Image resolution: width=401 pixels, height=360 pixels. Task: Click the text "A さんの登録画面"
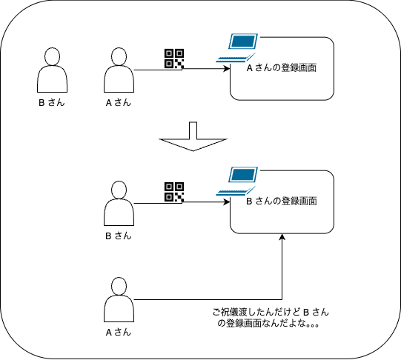tap(282, 68)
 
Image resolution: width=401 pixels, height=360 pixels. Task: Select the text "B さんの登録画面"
tap(282, 201)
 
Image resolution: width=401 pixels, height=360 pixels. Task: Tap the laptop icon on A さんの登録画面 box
tap(236, 48)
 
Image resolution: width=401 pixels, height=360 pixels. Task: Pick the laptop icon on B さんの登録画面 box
tap(236, 181)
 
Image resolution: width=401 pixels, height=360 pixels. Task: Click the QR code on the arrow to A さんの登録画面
tap(174, 59)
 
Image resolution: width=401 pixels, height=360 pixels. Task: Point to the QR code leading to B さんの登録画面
tap(174, 192)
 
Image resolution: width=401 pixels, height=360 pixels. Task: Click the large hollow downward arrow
tap(193, 136)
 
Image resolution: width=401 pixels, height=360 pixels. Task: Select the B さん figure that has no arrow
tap(52, 70)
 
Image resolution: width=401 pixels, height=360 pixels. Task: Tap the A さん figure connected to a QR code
tap(119, 70)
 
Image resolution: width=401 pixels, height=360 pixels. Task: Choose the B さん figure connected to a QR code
tap(119, 204)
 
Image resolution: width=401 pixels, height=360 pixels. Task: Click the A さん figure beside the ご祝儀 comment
tap(119, 300)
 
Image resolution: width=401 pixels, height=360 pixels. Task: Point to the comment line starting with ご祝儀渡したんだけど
tap(271, 312)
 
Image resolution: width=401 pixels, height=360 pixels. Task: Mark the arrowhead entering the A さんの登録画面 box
tap(227, 68)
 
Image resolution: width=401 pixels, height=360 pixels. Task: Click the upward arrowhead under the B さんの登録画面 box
tap(282, 237)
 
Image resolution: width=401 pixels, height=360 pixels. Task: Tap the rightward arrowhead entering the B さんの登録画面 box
tap(227, 201)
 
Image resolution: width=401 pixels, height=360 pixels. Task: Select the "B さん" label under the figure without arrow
tap(52, 103)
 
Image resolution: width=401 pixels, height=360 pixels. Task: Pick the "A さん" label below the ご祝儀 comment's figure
tap(119, 333)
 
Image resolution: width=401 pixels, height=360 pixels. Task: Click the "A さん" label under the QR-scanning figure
tap(119, 103)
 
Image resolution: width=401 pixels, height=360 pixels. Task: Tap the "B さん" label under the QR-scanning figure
tap(119, 236)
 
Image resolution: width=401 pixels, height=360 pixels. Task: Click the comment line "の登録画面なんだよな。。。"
tap(268, 324)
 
